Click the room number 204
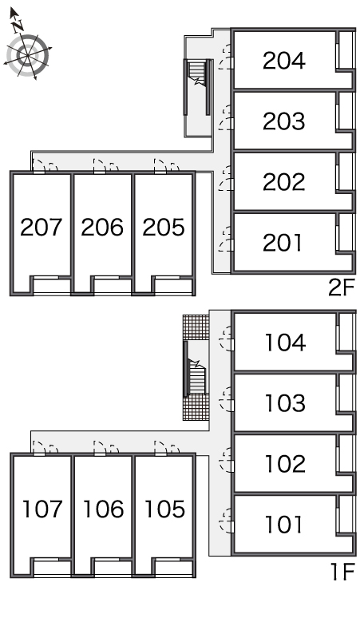click(x=284, y=61)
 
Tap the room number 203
click(x=284, y=121)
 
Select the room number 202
click(x=284, y=182)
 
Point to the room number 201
click(x=283, y=243)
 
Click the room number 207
click(x=42, y=228)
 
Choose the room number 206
click(x=102, y=228)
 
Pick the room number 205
click(x=164, y=228)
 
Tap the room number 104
click(x=286, y=342)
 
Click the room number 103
click(x=286, y=402)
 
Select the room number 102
click(x=286, y=463)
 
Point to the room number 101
click(x=284, y=525)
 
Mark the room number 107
click(x=43, y=509)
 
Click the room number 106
click(x=104, y=509)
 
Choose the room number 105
click(x=165, y=509)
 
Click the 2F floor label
click(x=342, y=287)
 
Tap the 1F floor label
click(x=343, y=572)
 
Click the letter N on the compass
click(x=18, y=26)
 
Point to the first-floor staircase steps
click(x=196, y=375)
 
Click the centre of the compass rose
click(x=28, y=56)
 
